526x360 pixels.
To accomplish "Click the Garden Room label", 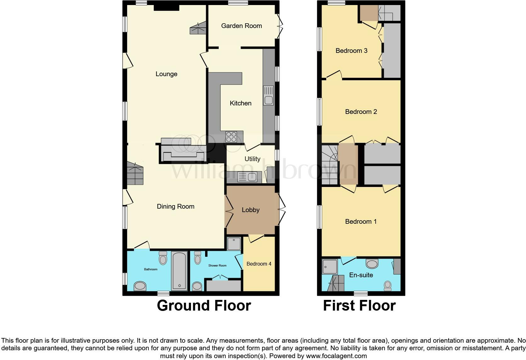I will pyautogui.click(x=241, y=26).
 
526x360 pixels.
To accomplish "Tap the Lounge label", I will pyautogui.click(x=166, y=74).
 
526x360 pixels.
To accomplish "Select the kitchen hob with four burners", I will pyautogui.click(x=231, y=137).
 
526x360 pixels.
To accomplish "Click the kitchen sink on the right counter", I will pyautogui.click(x=268, y=96).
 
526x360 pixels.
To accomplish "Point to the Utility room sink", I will pyautogui.click(x=248, y=177).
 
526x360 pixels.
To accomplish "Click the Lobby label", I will pyautogui.click(x=250, y=210).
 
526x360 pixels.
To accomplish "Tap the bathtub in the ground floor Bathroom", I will pyautogui.click(x=179, y=271).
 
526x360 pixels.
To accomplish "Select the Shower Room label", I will pyautogui.click(x=217, y=266).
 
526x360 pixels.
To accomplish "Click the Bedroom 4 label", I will pyautogui.click(x=259, y=264).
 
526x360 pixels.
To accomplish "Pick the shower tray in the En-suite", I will pyautogui.click(x=329, y=266).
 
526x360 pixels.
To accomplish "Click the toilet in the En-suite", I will pyautogui.click(x=388, y=285).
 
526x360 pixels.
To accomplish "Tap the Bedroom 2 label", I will pyautogui.click(x=361, y=112).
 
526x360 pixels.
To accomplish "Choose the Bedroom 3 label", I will pyautogui.click(x=351, y=51).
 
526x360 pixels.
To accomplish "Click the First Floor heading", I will pyautogui.click(x=359, y=306).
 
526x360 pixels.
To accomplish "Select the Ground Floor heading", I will pyautogui.click(x=204, y=306).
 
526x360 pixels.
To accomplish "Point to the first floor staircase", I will pyautogui.click(x=329, y=164).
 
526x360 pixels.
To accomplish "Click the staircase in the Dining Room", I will pyautogui.click(x=135, y=173).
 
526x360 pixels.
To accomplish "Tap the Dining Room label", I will pyautogui.click(x=175, y=206).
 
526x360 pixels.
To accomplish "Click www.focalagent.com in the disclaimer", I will pyautogui.click(x=336, y=356).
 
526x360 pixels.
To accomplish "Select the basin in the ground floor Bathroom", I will pyautogui.click(x=140, y=286).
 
